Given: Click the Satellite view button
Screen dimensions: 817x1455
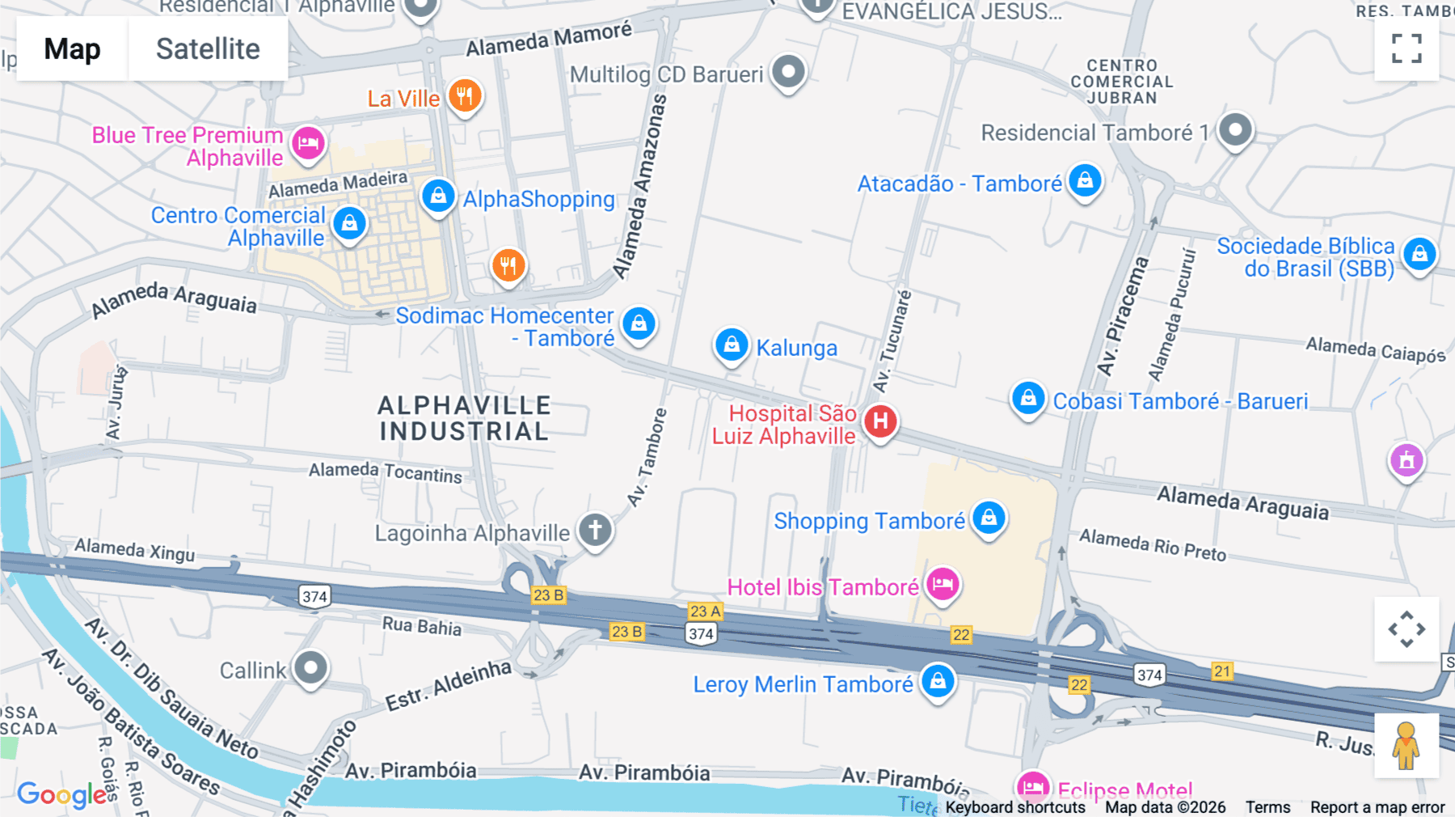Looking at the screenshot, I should tap(208, 49).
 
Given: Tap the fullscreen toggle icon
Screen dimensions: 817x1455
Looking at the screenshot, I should tap(1406, 49).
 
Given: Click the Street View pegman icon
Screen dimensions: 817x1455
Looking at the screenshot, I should tap(1406, 745).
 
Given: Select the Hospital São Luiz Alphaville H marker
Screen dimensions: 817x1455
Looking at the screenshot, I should tap(880, 421).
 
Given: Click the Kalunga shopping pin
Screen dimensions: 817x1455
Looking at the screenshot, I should tap(732, 345).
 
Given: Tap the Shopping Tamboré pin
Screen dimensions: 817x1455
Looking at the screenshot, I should tap(989, 519).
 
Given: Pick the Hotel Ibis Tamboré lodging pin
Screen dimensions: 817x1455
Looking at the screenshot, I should tap(943, 584).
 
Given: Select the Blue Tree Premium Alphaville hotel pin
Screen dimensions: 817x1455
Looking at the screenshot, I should tap(308, 144).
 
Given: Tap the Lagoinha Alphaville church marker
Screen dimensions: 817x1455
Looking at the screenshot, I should tap(596, 531).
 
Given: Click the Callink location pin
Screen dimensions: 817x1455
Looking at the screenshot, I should tap(310, 668).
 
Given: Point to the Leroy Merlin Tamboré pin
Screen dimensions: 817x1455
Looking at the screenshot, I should tap(938, 681).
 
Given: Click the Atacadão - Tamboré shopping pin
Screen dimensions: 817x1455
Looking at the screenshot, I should tap(1085, 180).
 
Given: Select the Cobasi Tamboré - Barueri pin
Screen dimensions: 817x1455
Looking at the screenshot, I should tap(1028, 399).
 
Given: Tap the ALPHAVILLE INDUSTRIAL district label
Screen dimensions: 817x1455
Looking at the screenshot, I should tap(465, 418).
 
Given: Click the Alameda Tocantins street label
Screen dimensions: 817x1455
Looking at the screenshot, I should tap(386, 472).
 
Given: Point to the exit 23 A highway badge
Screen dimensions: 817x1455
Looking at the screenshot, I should tap(705, 611).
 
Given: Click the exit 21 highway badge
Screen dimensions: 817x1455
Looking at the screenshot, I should tap(1222, 671).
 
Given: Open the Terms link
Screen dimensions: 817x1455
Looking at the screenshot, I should tap(1267, 806).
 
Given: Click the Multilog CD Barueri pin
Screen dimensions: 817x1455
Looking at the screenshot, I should tap(788, 72).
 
